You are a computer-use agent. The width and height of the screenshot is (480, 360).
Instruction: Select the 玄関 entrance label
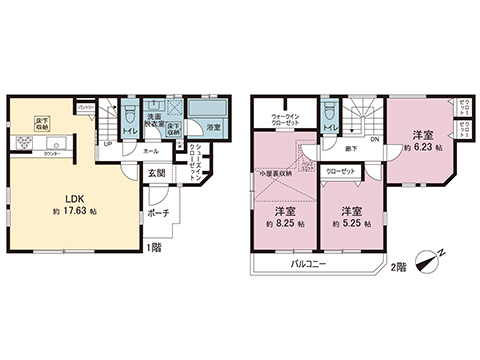pos(159,173)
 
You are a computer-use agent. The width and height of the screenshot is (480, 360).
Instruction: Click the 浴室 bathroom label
pos(212,128)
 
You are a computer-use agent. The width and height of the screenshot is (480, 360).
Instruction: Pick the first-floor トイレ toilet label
pos(129,129)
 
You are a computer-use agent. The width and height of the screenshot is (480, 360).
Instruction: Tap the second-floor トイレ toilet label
pos(329,128)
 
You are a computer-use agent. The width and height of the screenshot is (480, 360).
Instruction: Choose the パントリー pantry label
pos(86,106)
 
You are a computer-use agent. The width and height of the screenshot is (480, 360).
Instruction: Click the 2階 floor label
pos(398,266)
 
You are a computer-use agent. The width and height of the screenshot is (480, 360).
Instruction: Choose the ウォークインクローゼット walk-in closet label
pos(287,120)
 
